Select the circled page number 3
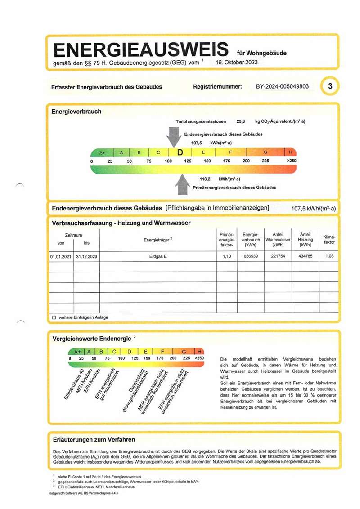[x=330, y=86]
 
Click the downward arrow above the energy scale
[x=173, y=136]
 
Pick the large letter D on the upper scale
[x=180, y=152]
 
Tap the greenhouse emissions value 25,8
[x=241, y=121]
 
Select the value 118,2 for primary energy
[x=206, y=179]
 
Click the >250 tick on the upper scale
[x=292, y=161]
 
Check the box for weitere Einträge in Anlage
[x=54, y=317]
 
